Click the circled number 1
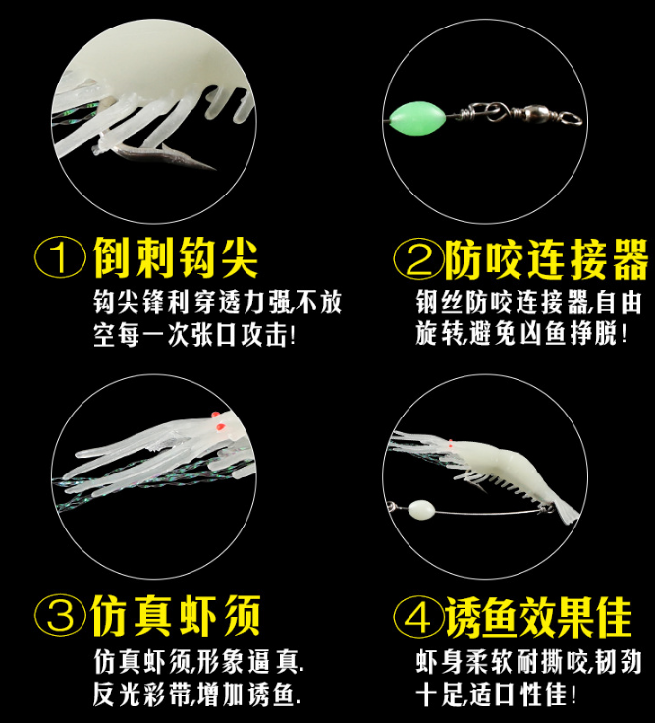tap(60, 257)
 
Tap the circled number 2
tap(418, 258)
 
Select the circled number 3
tap(60, 615)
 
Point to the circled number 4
tap(418, 618)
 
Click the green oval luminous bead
tap(417, 119)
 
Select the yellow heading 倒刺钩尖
tap(176, 257)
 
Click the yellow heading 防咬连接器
tap(546, 259)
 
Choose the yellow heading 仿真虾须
tap(176, 615)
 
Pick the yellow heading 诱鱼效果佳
tap(538, 618)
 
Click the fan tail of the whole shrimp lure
tap(566, 512)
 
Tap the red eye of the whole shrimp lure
tap(451, 444)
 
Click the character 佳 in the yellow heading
tap(614, 618)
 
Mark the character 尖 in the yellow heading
tap(240, 257)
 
